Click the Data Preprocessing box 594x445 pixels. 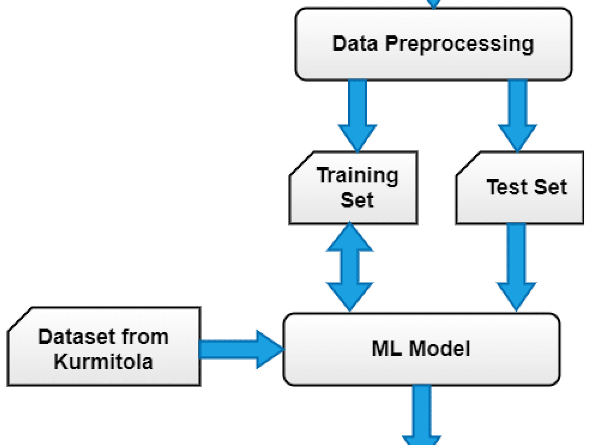click(433, 44)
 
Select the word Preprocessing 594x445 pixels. click(460, 44)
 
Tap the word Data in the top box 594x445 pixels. click(354, 43)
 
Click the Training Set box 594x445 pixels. click(354, 187)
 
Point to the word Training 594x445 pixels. click(358, 176)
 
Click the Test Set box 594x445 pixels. click(520, 187)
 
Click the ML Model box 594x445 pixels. click(422, 349)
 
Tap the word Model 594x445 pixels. click(439, 349)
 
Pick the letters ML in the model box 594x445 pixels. click(387, 349)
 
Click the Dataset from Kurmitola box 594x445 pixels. click(104, 346)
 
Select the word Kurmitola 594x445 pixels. click(104, 361)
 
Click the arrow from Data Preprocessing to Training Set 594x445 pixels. click(358, 116)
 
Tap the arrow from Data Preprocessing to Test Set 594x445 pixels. click(518, 116)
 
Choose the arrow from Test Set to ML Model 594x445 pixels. click(516, 267)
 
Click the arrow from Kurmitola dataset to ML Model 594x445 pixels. click(242, 349)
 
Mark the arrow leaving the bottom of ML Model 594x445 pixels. click(422, 415)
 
